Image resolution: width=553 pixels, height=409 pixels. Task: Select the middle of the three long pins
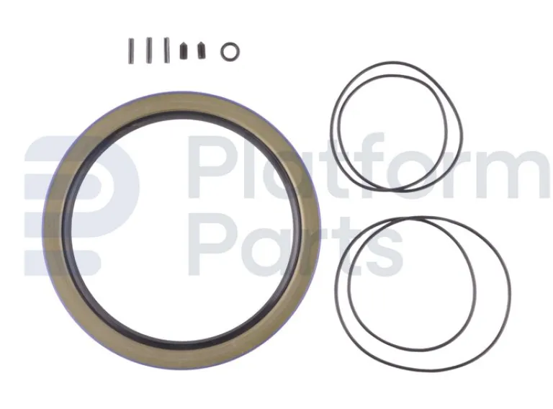click(149, 50)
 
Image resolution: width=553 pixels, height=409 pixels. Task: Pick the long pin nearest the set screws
click(166, 50)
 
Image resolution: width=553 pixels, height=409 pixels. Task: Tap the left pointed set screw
click(184, 52)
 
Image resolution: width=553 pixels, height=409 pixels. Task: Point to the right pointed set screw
click(202, 52)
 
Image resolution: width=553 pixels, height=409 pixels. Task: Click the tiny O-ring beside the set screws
click(230, 50)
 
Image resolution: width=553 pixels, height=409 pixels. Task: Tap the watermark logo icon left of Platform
click(79, 205)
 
